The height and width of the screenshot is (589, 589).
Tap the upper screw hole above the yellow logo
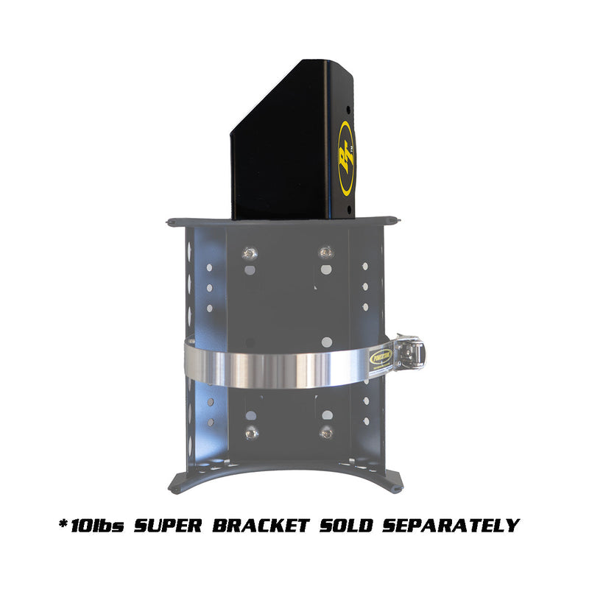tap(348, 109)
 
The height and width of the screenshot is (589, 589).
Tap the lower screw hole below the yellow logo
tap(348, 211)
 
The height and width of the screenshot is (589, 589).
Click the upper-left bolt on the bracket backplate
tap(250, 254)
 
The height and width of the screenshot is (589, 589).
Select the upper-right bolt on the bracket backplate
tap(325, 253)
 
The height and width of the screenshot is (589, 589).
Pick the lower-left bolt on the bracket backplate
tap(250, 433)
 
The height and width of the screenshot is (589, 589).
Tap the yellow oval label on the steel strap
tap(381, 356)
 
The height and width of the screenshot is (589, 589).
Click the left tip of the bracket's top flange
tap(169, 220)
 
